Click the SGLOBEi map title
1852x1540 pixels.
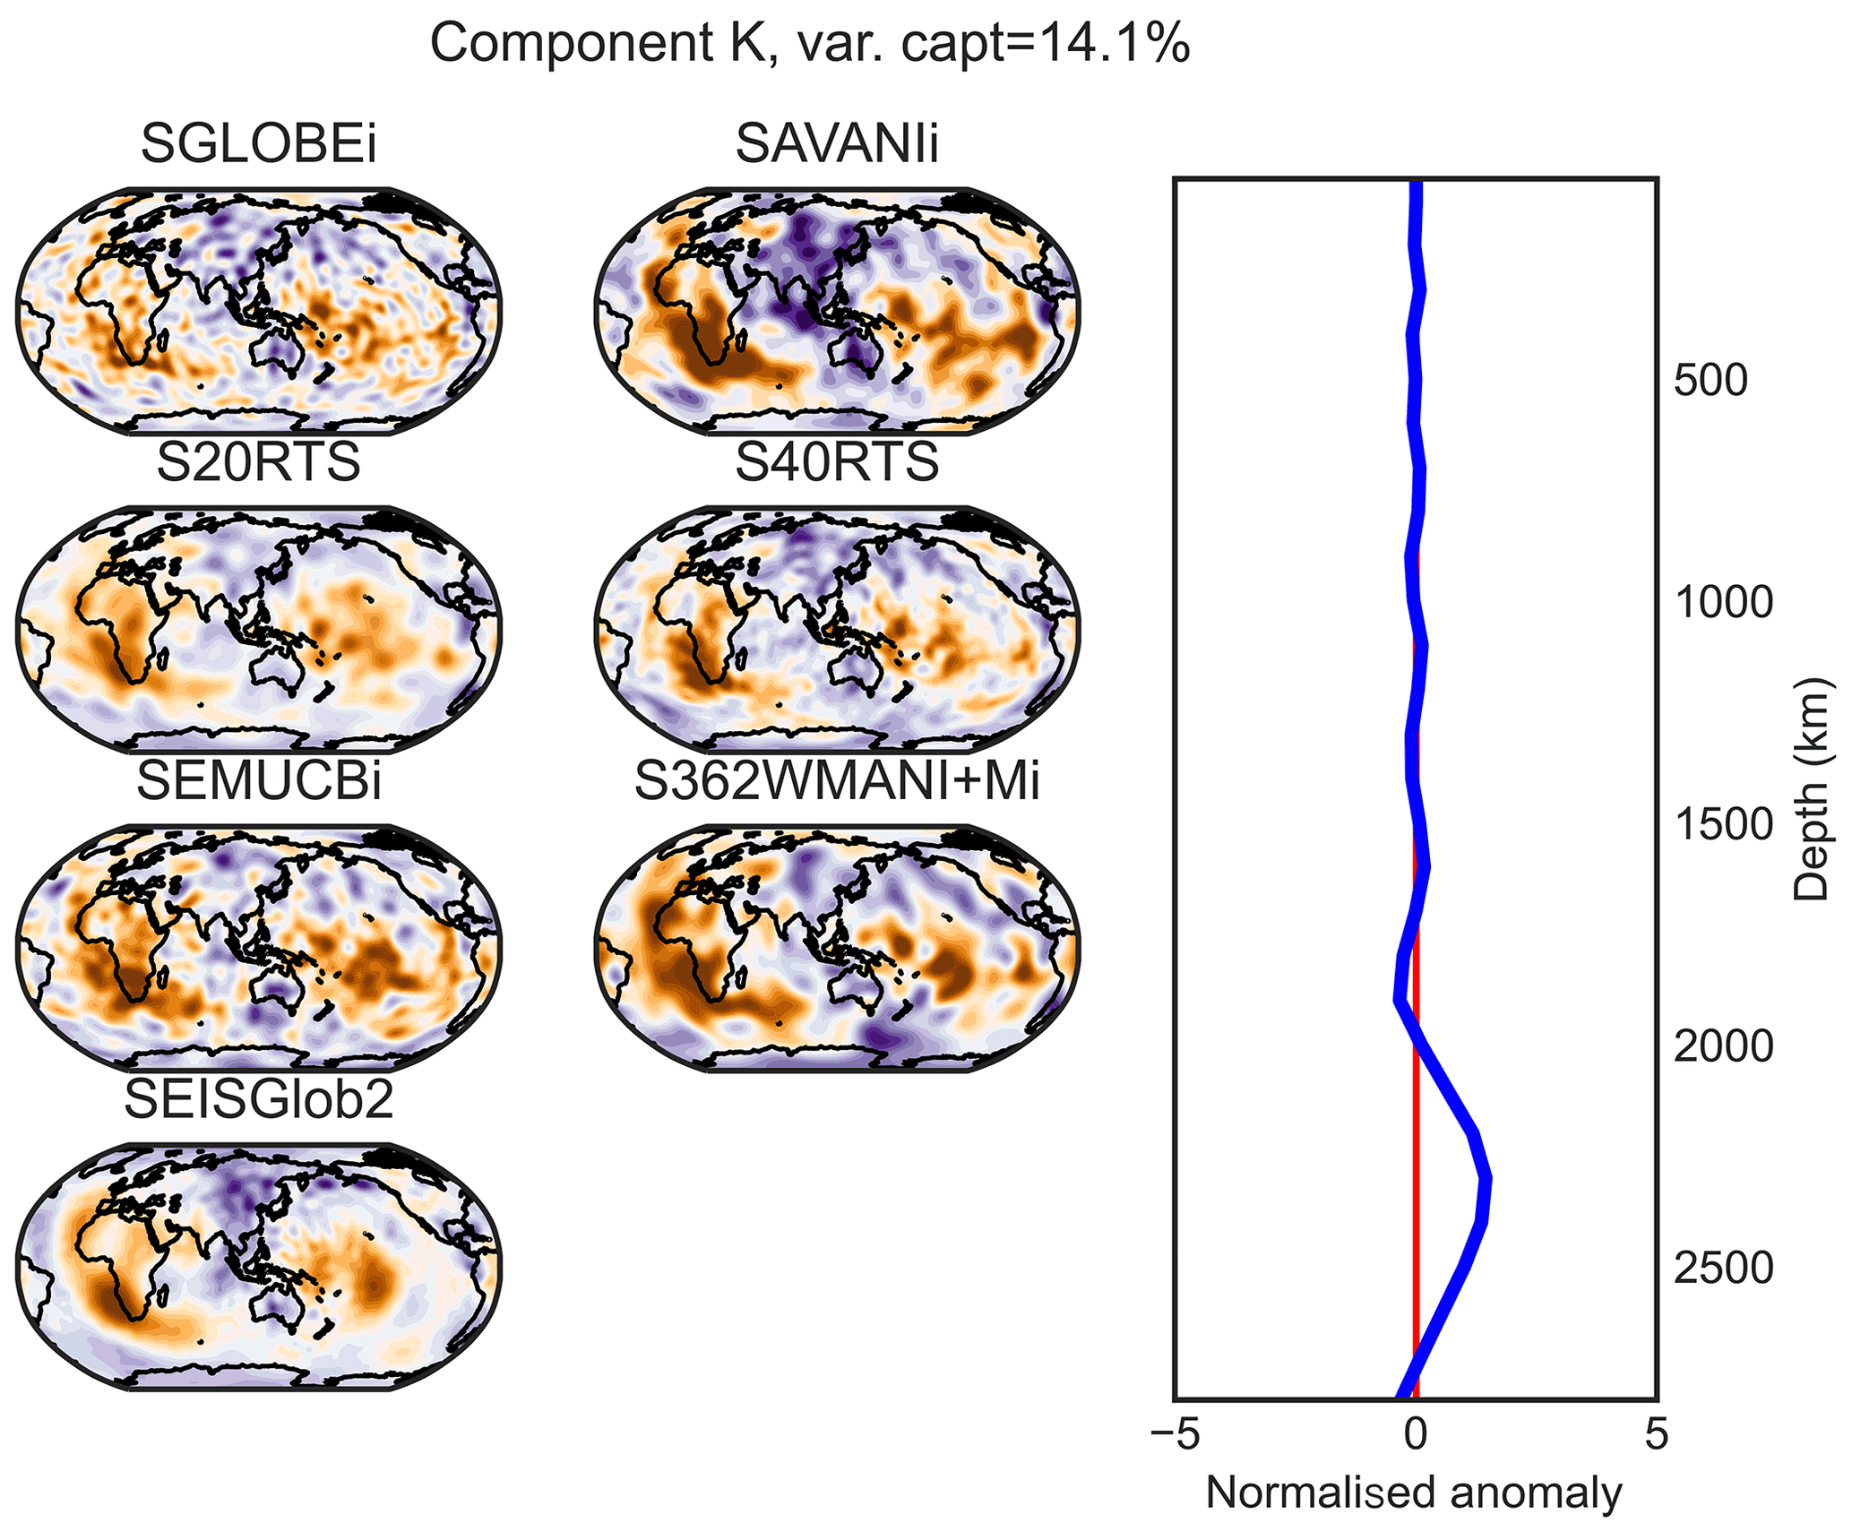pyautogui.click(x=259, y=143)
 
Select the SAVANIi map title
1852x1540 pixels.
pyautogui.click(x=837, y=143)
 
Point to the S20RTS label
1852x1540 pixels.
pyautogui.click(x=259, y=462)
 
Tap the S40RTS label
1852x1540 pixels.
pyautogui.click(x=837, y=462)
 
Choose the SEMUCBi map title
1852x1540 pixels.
pyautogui.click(x=259, y=781)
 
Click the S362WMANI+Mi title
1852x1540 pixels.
pyautogui.click(x=837, y=781)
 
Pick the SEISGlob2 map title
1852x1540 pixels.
pyautogui.click(x=259, y=1100)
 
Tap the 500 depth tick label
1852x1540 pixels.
pyautogui.click(x=1710, y=381)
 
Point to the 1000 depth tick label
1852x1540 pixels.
pyautogui.click(x=1723, y=603)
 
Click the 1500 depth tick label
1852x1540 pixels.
pyautogui.click(x=1723, y=825)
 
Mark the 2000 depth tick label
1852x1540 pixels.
pyautogui.click(x=1723, y=1046)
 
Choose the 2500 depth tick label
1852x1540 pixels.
pyautogui.click(x=1723, y=1269)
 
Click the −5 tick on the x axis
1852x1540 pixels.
pyautogui.click(x=1174, y=1434)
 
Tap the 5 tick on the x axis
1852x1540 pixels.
pyautogui.click(x=1657, y=1434)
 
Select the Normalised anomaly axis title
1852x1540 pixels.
pyautogui.click(x=1414, y=1493)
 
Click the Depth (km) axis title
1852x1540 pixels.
pyautogui.click(x=1811, y=788)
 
